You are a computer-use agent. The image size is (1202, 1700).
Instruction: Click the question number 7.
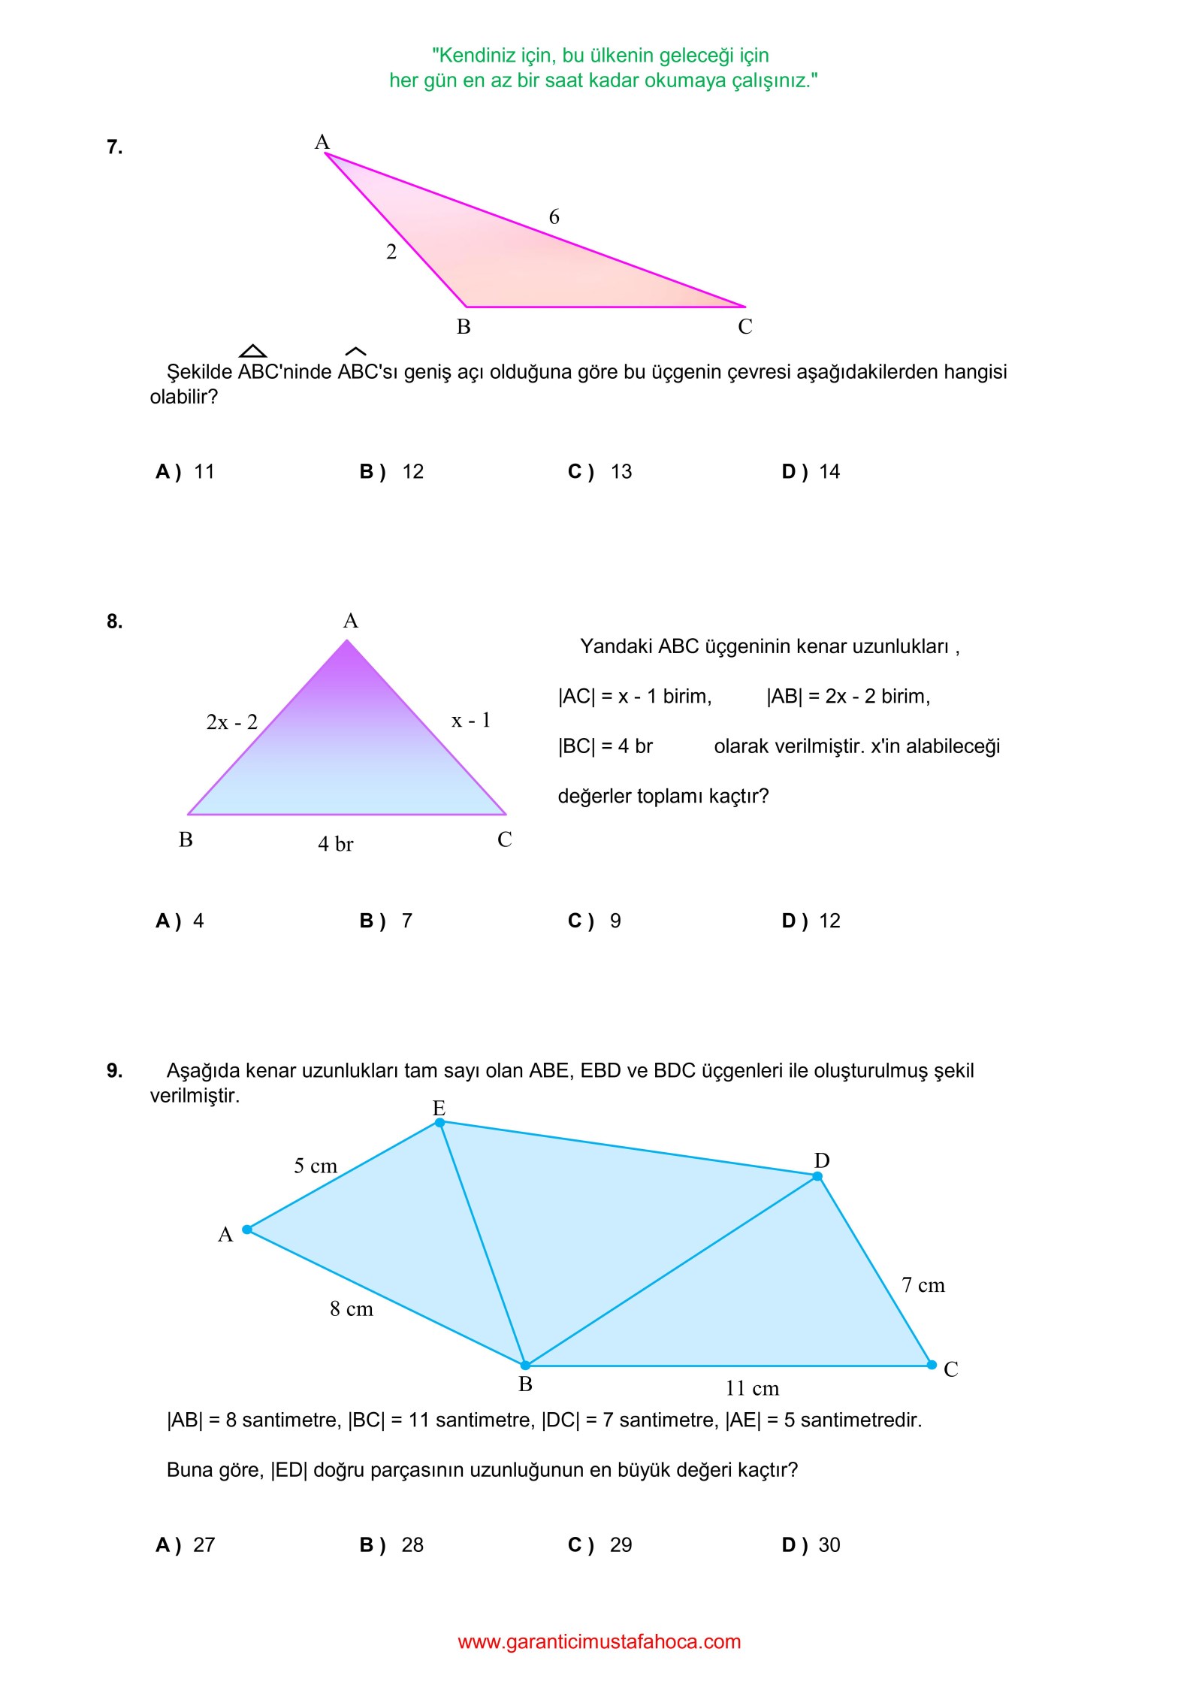(x=114, y=147)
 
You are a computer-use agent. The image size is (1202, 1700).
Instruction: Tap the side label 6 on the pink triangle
(x=554, y=217)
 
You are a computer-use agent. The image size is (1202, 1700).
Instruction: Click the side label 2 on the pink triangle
(x=391, y=253)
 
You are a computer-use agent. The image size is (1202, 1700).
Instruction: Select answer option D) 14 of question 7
(x=811, y=472)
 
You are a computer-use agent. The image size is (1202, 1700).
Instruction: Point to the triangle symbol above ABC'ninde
(x=252, y=351)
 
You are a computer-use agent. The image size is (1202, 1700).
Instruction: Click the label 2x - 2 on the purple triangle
(x=231, y=722)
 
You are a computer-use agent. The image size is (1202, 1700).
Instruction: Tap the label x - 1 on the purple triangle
(x=470, y=721)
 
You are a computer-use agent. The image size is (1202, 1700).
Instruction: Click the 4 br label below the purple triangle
(x=335, y=844)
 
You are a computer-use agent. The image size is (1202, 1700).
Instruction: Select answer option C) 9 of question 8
(x=594, y=921)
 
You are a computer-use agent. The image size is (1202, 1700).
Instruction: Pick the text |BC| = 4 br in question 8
(x=605, y=746)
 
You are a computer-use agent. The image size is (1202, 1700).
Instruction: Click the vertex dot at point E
(x=439, y=1123)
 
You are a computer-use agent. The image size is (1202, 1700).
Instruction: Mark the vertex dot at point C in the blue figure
(x=932, y=1365)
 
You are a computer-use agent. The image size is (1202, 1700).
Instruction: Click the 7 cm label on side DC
(x=923, y=1285)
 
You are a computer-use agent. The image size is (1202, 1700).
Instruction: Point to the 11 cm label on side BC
(x=752, y=1388)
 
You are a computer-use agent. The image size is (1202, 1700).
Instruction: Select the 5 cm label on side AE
(x=315, y=1166)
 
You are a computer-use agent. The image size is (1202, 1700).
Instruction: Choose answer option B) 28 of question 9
(x=391, y=1545)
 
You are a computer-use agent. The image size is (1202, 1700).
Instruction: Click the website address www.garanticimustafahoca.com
(x=599, y=1641)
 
